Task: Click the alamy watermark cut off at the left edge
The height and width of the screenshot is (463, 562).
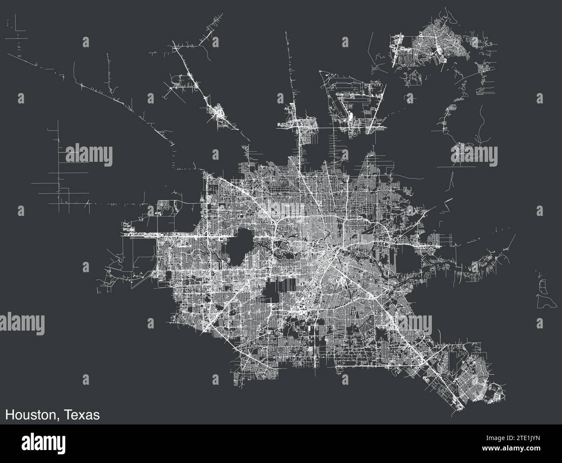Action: point(22,323)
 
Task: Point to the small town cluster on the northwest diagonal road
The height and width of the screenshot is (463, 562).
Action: point(220,115)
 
